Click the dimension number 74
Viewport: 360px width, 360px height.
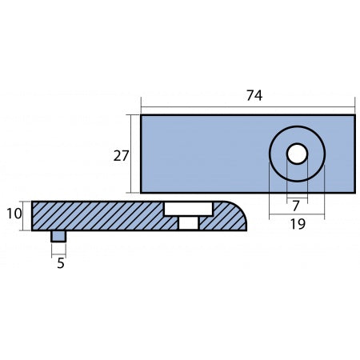[x=254, y=95]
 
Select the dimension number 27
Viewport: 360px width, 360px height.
[x=121, y=156]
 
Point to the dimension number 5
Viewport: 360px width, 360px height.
[x=58, y=262]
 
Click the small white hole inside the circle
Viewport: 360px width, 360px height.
[x=297, y=154]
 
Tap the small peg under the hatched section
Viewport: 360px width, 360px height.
[x=58, y=235]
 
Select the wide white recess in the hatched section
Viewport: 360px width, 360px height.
[x=188, y=208]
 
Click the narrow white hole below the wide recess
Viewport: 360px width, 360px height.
[x=188, y=222]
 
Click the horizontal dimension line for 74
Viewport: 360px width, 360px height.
[x=200, y=106]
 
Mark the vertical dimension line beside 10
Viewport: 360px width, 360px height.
[x=22, y=216]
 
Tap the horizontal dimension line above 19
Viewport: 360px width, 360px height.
[x=297, y=215]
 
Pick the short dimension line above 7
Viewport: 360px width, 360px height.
[x=297, y=196]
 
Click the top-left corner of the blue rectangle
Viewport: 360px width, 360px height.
[x=142, y=116]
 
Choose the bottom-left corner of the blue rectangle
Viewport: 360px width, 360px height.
[x=142, y=192]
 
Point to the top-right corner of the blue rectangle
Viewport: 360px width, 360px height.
[x=354, y=116]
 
